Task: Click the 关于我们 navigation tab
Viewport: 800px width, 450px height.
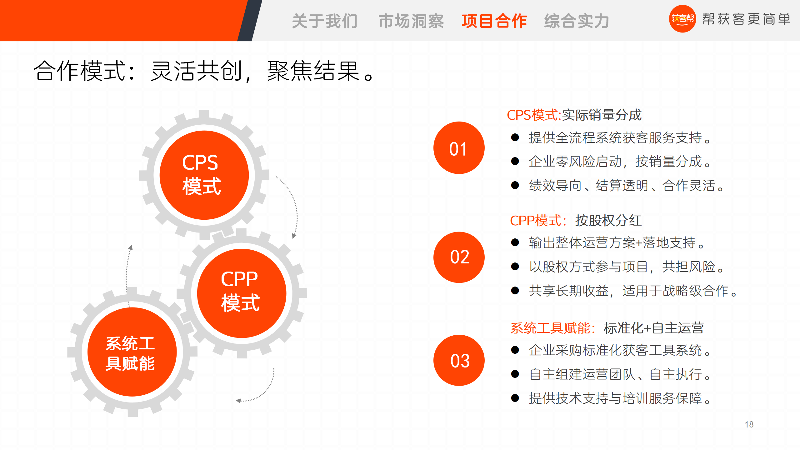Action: tap(325, 21)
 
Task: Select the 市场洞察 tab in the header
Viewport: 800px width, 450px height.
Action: tap(411, 21)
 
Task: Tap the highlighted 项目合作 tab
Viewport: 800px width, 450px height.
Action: tap(494, 21)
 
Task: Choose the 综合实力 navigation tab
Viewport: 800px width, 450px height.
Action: tap(577, 21)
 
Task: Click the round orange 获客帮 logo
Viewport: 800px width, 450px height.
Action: tap(682, 19)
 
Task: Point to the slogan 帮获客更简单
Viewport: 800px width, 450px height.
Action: tap(746, 19)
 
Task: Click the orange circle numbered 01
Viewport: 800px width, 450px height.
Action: tap(459, 148)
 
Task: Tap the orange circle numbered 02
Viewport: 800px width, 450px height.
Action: tap(459, 257)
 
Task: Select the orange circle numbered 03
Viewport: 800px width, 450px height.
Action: tap(459, 360)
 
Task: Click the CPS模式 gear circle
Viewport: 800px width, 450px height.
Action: tap(204, 175)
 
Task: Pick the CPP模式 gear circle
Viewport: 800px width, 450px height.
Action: tap(242, 293)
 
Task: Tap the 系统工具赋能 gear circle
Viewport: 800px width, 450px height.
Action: tap(132, 352)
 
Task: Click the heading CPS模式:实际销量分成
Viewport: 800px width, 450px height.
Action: tap(574, 115)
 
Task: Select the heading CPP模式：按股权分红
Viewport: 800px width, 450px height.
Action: tap(576, 221)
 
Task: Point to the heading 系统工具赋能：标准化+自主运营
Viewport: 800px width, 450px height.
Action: tap(607, 328)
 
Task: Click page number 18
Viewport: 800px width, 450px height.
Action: tap(749, 424)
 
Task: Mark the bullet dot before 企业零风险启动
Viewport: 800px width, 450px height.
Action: tap(515, 161)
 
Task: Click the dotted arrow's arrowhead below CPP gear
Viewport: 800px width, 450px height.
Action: tap(238, 401)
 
